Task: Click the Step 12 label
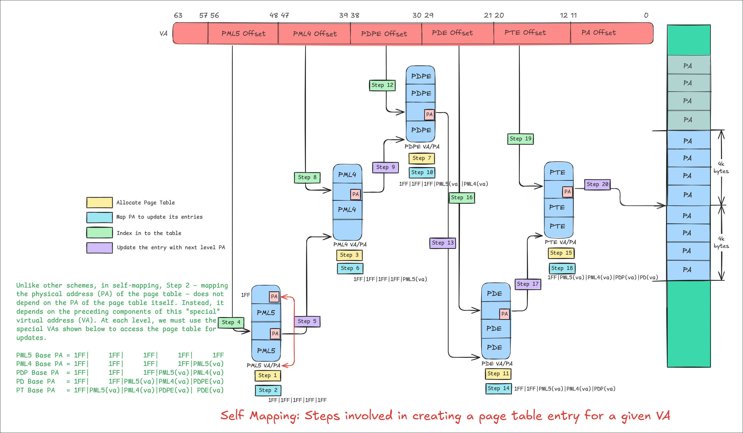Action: coord(382,85)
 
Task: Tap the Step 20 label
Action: coord(597,184)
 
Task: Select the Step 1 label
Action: coord(267,375)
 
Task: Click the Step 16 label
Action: coord(461,198)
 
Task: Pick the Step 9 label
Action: coord(385,167)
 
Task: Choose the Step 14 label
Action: coord(498,388)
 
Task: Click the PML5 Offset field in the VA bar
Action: coord(243,34)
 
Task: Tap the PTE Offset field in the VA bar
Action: coord(525,33)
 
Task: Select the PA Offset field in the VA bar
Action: coord(599,33)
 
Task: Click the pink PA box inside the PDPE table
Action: coord(429,114)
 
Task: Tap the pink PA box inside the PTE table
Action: coord(567,192)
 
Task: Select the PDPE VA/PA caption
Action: coord(422,147)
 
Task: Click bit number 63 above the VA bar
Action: coord(178,15)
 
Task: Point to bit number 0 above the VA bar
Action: coord(646,15)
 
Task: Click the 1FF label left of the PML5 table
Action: coord(245,295)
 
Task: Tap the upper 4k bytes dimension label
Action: coord(721,167)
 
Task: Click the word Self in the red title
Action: coord(232,415)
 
